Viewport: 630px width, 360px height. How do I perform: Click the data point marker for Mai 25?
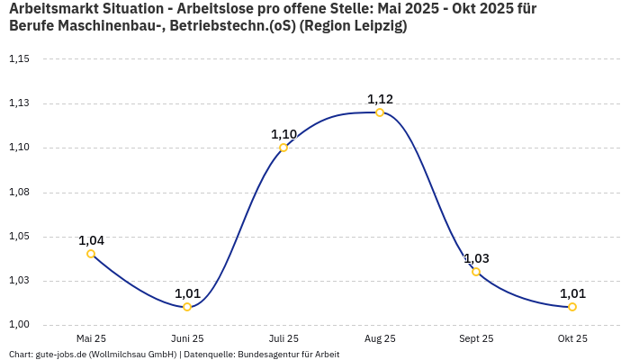tap(91, 254)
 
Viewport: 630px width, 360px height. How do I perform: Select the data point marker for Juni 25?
tap(187, 307)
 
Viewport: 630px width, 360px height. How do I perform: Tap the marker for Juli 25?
tap(283, 148)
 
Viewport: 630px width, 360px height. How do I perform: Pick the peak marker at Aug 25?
tap(380, 112)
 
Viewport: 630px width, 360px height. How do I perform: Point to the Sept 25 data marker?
tap(476, 272)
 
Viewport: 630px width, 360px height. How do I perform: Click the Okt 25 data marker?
tap(572, 307)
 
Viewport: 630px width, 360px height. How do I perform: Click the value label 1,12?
tap(380, 99)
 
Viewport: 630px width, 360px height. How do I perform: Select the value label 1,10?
tap(283, 134)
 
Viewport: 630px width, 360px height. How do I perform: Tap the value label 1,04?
tap(91, 240)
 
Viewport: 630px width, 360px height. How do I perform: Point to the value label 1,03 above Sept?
tap(476, 258)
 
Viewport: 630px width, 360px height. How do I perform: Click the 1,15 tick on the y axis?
tap(19, 59)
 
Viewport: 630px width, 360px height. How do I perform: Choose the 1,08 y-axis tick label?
tap(19, 193)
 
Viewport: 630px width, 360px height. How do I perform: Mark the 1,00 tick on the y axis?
tap(19, 325)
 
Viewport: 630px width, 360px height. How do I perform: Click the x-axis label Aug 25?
tap(380, 338)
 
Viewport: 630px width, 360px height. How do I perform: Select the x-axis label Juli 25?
tap(283, 338)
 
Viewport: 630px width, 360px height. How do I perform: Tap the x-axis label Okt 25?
tap(572, 338)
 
